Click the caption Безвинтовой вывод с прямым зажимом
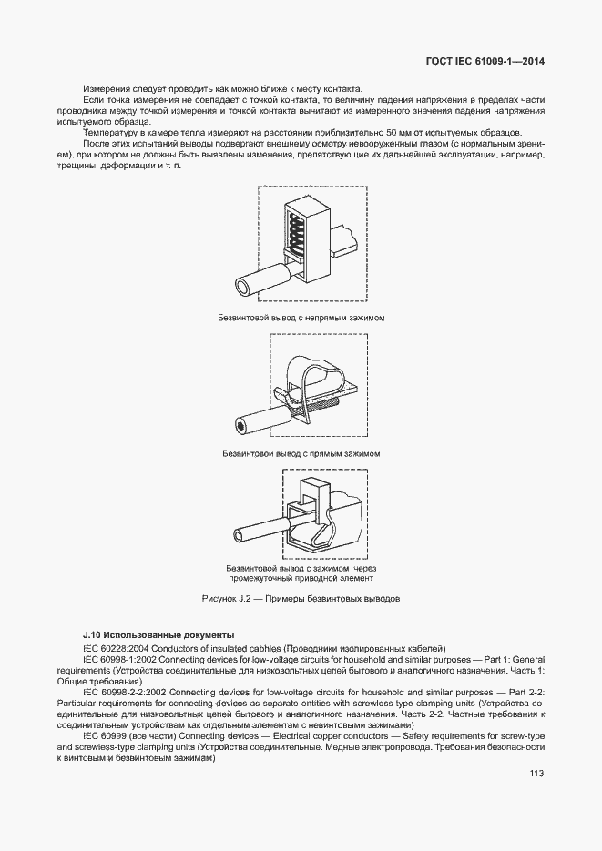coord(301,452)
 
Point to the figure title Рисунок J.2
coord(301,599)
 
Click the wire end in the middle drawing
coord(240,425)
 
